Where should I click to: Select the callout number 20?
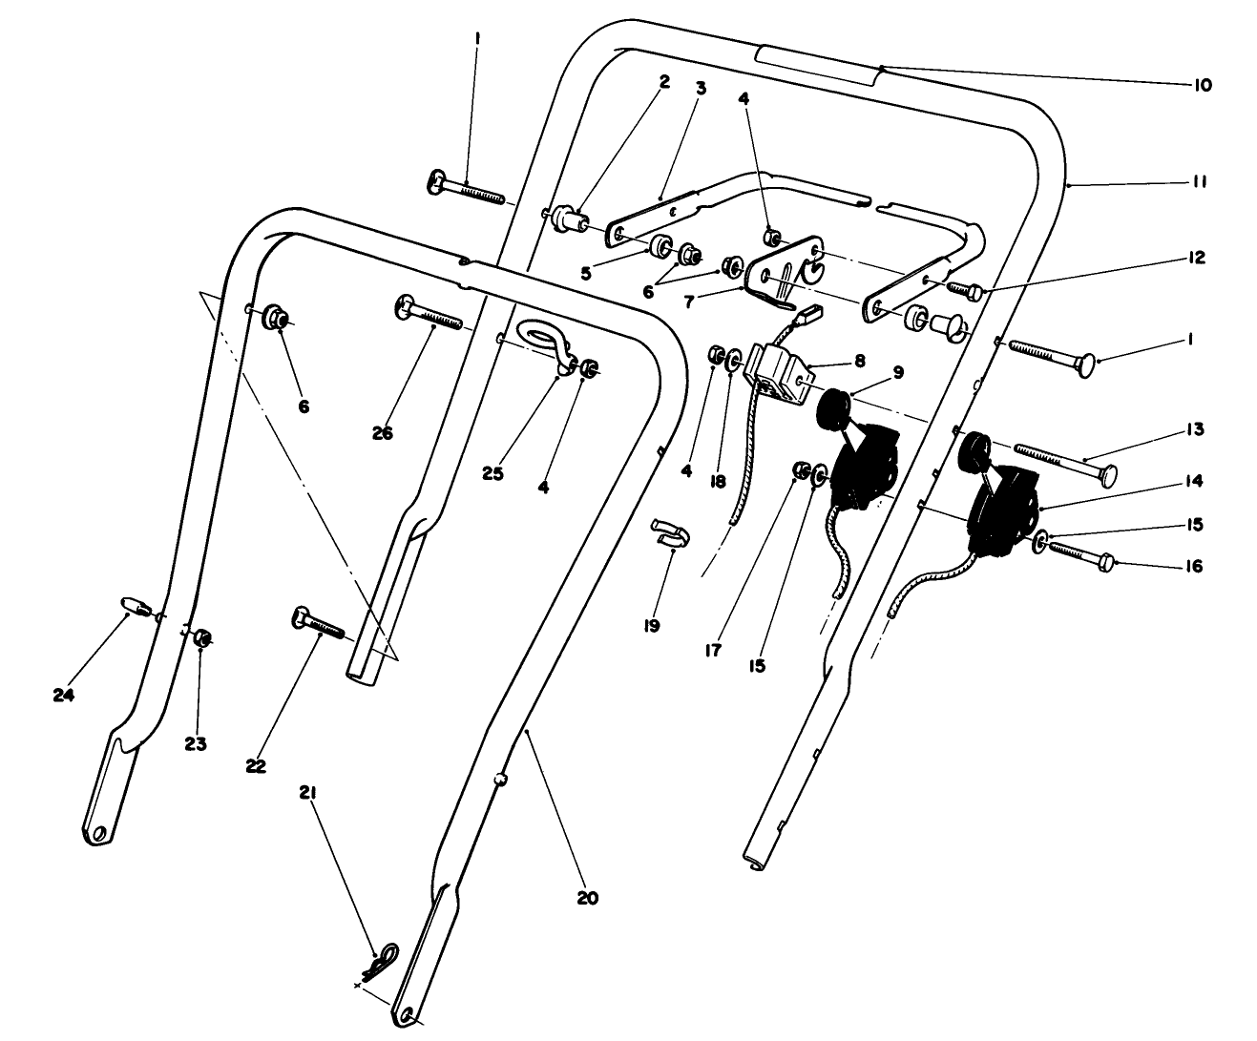tap(587, 897)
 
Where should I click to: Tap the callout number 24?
tap(63, 695)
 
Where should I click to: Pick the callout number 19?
tap(652, 626)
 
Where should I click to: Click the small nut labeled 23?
tap(202, 637)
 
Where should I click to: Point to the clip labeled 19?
tap(667, 533)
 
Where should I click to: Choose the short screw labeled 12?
tap(966, 289)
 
